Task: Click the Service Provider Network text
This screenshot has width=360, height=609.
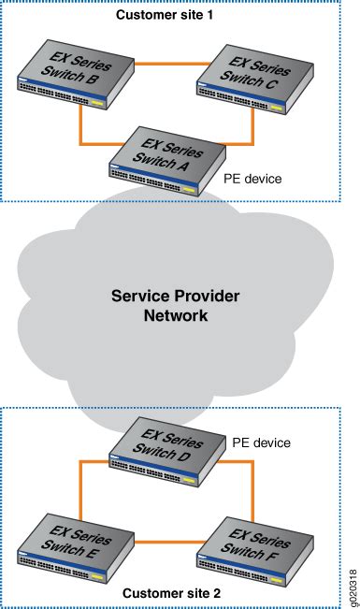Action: point(175,306)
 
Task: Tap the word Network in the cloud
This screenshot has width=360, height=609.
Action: point(175,316)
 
